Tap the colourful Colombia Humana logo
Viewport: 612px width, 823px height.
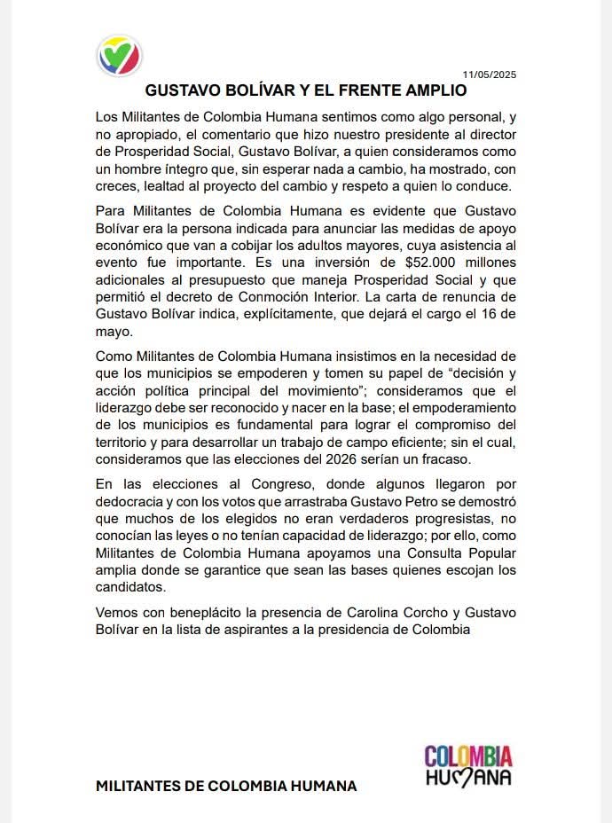[467, 765]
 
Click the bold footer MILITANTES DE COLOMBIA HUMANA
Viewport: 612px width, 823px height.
[226, 786]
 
